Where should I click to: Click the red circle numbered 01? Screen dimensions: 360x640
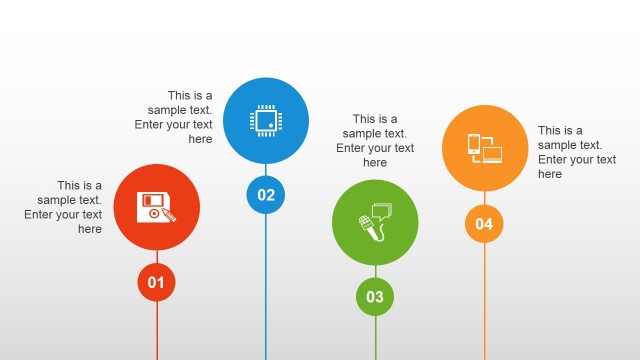point(156,282)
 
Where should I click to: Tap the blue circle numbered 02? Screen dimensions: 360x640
point(266,195)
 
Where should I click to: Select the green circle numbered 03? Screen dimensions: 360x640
point(375,296)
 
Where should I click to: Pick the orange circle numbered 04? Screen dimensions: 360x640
point(484,223)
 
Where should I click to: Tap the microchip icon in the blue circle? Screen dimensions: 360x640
point(266,120)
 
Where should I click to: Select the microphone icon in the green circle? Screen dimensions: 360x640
point(367,228)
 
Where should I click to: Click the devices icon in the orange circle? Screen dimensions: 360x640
point(484,148)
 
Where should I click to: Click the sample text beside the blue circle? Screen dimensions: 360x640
point(177,118)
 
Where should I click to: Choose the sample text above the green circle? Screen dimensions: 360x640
point(375,140)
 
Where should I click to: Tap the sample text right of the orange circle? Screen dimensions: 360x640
point(575,152)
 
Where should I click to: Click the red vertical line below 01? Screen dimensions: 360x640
point(157,330)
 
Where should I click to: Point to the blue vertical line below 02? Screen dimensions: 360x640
point(266,290)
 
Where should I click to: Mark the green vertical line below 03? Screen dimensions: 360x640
point(376,338)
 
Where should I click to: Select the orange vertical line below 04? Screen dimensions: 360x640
point(485,300)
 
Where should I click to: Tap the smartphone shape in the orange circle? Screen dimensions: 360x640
point(474,146)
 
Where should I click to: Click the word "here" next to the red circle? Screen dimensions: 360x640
point(90,229)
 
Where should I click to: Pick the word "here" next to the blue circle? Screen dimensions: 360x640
point(200,140)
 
